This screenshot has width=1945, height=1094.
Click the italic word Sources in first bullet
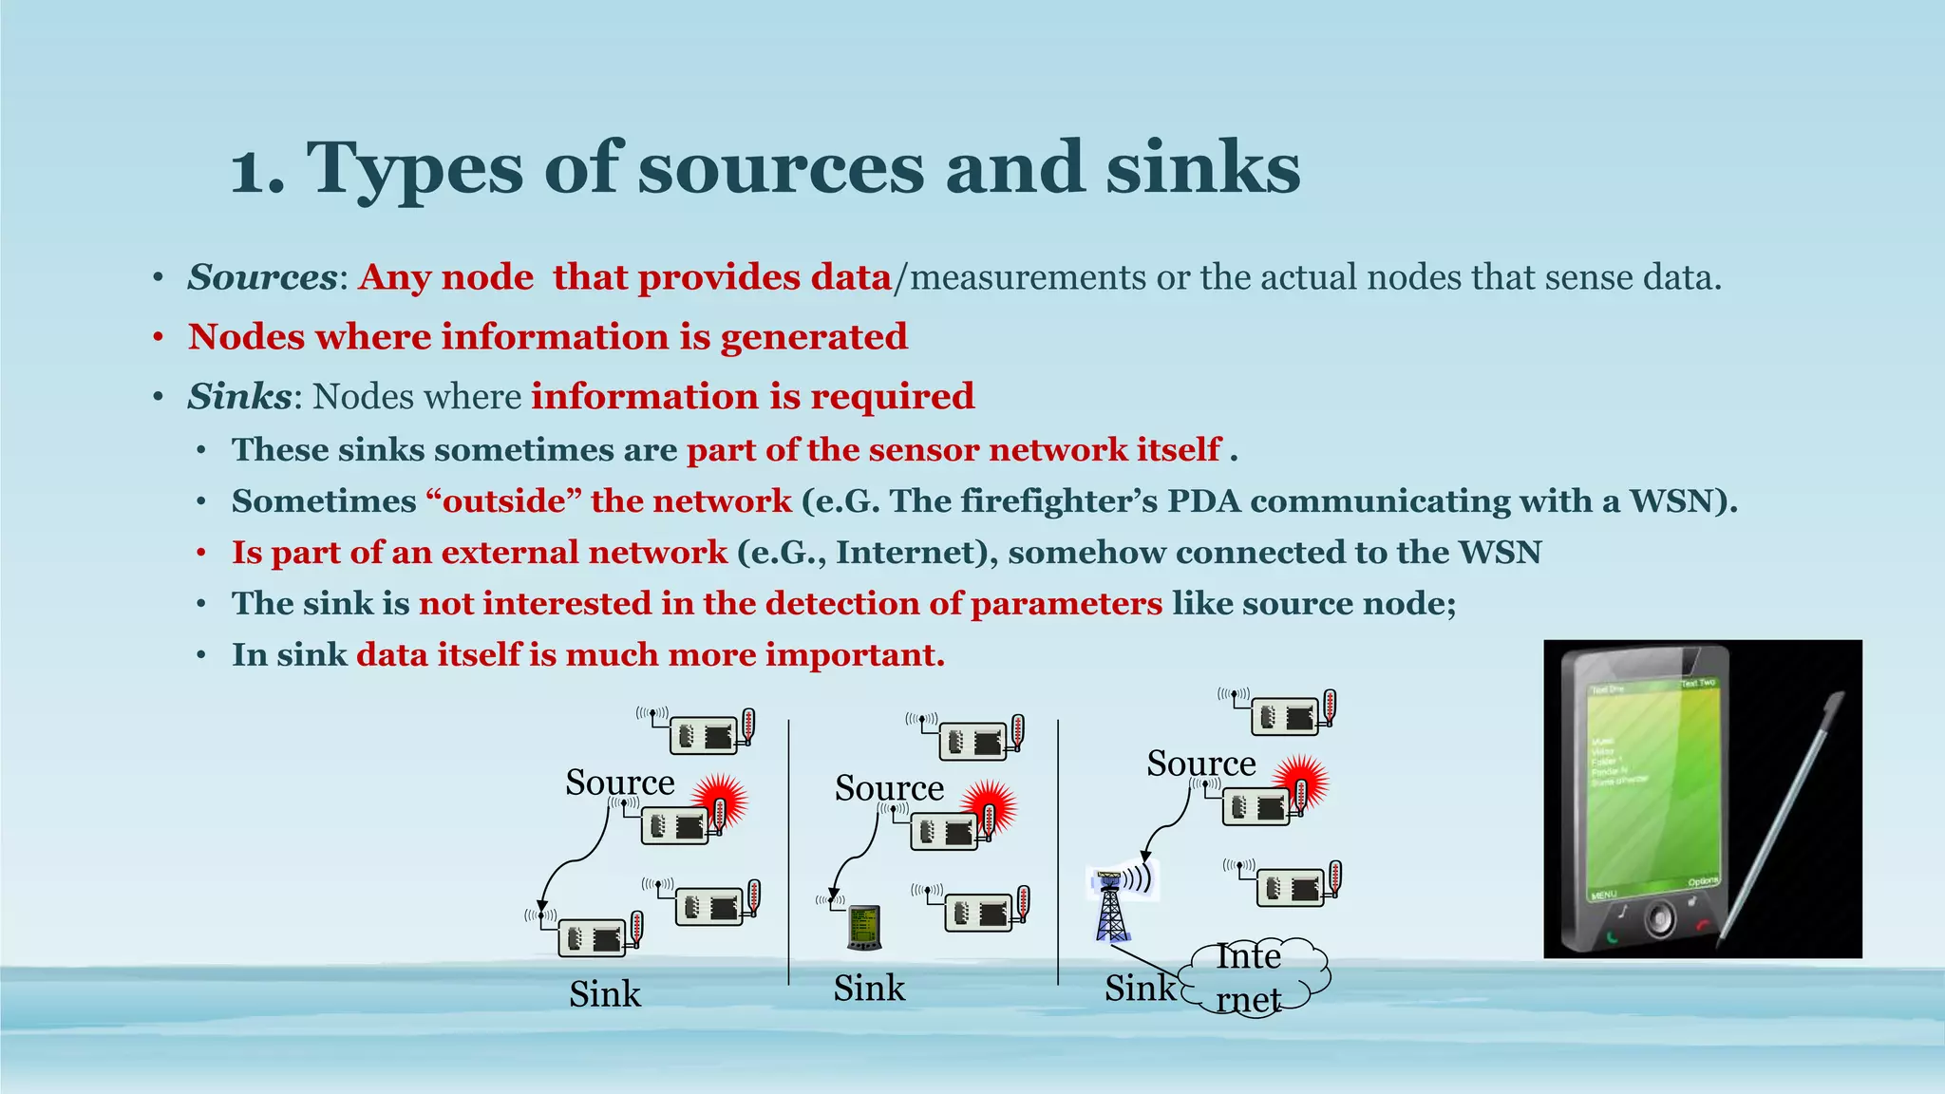pos(262,277)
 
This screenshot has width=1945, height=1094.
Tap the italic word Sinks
pos(239,396)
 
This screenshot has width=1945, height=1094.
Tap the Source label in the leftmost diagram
pos(619,782)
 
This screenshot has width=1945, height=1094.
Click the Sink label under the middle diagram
pos(869,988)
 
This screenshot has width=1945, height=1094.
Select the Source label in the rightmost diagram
pos(1200,763)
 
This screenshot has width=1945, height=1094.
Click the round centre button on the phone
pos(1659,920)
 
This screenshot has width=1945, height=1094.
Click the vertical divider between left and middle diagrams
pos(788,850)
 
